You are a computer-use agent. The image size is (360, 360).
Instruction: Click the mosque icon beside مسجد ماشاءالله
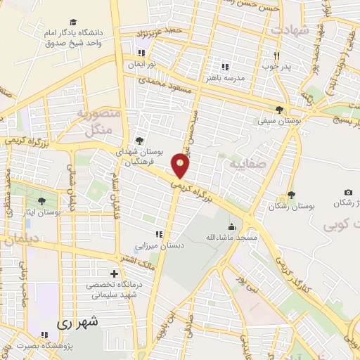[x=231, y=226]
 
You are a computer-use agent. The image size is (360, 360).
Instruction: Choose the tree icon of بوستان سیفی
[x=281, y=110]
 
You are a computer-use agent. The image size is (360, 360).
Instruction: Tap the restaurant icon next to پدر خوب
[x=277, y=56]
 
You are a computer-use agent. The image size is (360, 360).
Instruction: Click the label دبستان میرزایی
[x=160, y=247]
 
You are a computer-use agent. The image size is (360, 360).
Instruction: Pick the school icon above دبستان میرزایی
[x=159, y=235]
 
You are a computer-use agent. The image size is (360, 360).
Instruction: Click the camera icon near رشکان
[x=348, y=192]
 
